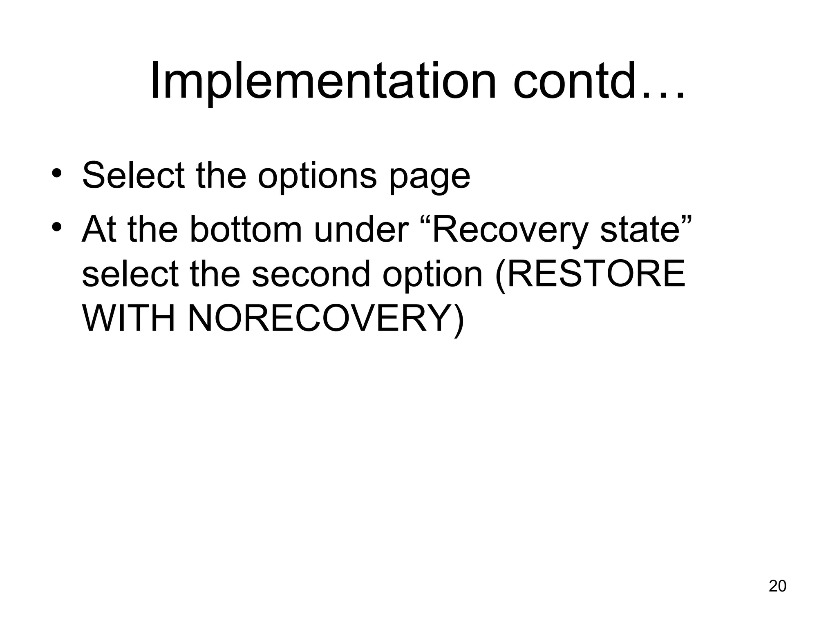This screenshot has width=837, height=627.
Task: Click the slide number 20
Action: pyautogui.click(x=777, y=586)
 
